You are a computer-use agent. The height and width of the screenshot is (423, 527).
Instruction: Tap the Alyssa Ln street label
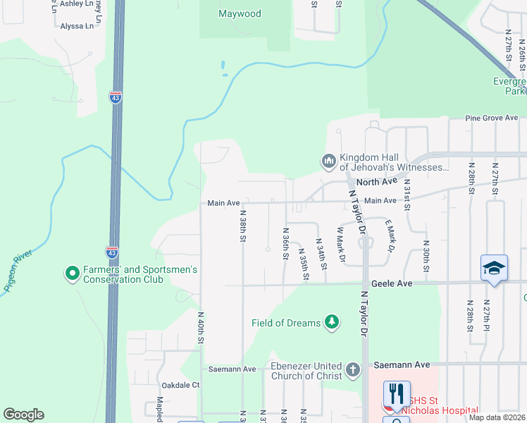coord(77,26)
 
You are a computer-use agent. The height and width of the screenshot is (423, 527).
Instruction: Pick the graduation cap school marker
coord(494,268)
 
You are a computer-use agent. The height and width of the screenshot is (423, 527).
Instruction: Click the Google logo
coord(23,414)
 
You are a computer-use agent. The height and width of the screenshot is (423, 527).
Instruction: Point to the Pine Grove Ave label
coord(495,118)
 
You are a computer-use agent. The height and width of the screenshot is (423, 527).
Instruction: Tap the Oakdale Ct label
coord(181,385)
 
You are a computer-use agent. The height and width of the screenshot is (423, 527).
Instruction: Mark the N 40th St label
coord(201,329)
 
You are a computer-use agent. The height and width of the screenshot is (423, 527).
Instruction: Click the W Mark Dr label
coord(340,244)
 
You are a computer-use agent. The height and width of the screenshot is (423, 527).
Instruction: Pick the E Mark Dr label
coord(388,235)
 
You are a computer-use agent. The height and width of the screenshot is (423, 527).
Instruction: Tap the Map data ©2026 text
coord(497,417)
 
